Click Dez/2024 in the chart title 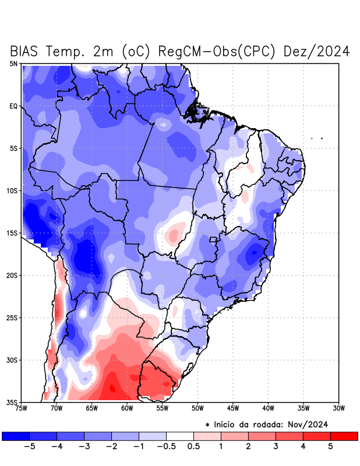[x=316, y=51]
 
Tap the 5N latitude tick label [x=13, y=63]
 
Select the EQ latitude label [x=13, y=106]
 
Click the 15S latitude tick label [x=12, y=233]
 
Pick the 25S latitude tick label [x=12, y=317]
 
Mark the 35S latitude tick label [x=12, y=402]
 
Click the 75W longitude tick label [x=22, y=408]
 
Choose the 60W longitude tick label [x=127, y=408]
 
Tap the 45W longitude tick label [x=233, y=408]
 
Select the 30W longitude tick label [x=338, y=408]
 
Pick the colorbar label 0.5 [x=193, y=447]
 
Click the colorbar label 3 [x=276, y=447]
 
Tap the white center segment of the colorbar [x=179, y=436]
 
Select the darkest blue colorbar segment [x=16, y=436]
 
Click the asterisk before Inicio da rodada [x=207, y=425]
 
